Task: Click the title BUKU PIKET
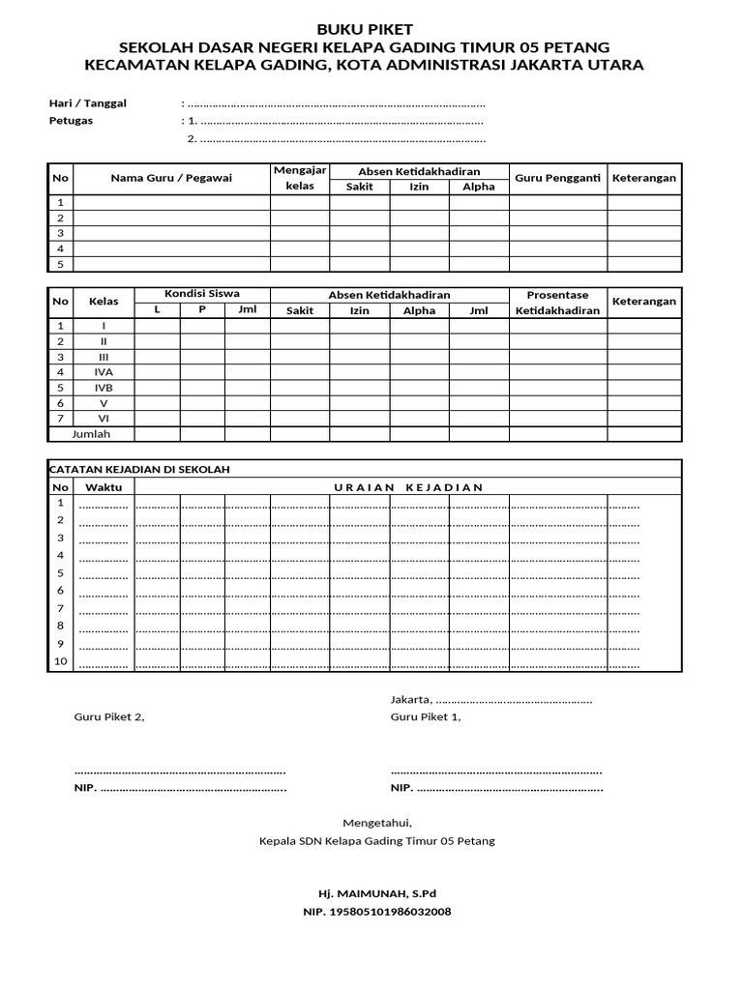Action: click(371, 30)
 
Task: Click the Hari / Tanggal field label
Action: click(88, 103)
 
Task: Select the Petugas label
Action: click(71, 121)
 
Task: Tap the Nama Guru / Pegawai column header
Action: click(171, 178)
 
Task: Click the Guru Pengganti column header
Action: click(558, 178)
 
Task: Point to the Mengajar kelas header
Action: click(300, 178)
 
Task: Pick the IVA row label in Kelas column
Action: click(104, 371)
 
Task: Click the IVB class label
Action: click(104, 387)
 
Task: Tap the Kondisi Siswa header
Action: click(202, 294)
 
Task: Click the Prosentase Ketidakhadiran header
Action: click(558, 302)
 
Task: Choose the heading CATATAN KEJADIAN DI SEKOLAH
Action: click(140, 469)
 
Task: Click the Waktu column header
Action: click(104, 486)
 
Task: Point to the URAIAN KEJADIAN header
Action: click(407, 486)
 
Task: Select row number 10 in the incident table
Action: click(61, 661)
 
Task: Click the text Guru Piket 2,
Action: click(109, 716)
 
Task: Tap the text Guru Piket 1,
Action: click(426, 716)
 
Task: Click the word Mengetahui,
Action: click(377, 823)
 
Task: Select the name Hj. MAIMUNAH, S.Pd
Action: click(377, 893)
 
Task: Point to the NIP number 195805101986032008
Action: click(377, 912)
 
